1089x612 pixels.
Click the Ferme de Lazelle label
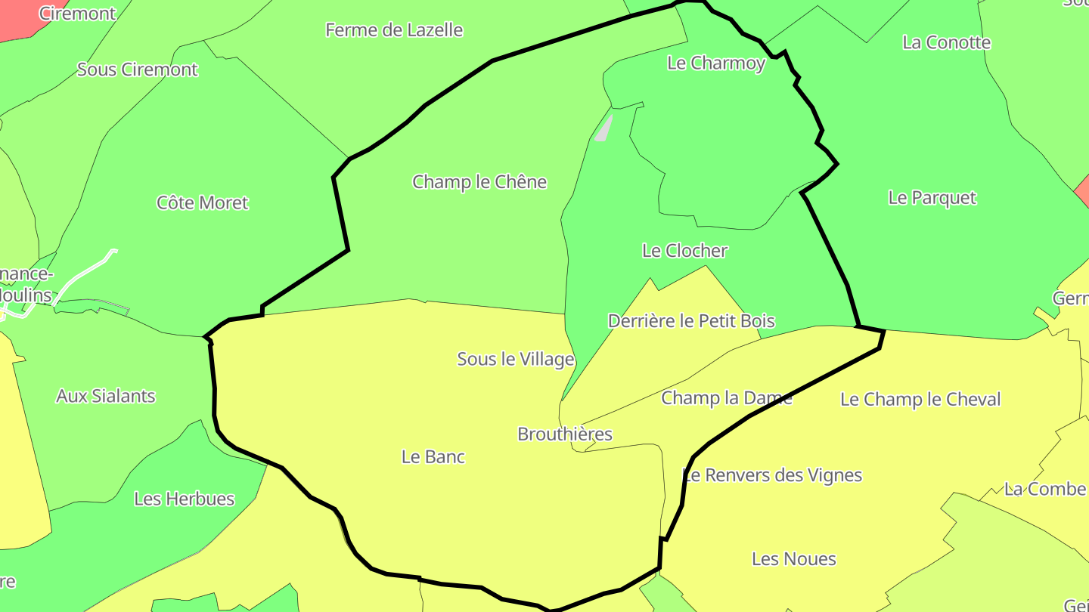click(394, 30)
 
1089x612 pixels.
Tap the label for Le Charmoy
click(716, 63)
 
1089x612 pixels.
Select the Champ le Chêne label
click(479, 182)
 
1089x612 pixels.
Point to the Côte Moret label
click(202, 202)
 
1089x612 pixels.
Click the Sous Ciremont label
click(138, 70)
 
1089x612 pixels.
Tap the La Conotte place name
click(947, 42)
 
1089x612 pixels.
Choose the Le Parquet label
click(932, 198)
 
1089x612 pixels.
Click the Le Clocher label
click(684, 250)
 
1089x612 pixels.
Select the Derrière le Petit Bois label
click(691, 321)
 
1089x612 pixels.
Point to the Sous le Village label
click(516, 359)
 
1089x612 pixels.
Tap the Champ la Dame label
click(727, 398)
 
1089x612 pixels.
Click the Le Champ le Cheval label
click(920, 400)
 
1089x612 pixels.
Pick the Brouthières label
click(565, 434)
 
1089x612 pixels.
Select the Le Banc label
click(433, 457)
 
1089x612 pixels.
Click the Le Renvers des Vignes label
click(772, 475)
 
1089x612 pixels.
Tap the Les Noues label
click(794, 559)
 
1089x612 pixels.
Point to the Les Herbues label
click(185, 499)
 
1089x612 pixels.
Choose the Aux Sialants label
click(106, 396)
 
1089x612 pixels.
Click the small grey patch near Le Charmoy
click(603, 129)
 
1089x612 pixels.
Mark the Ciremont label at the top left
click(77, 14)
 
